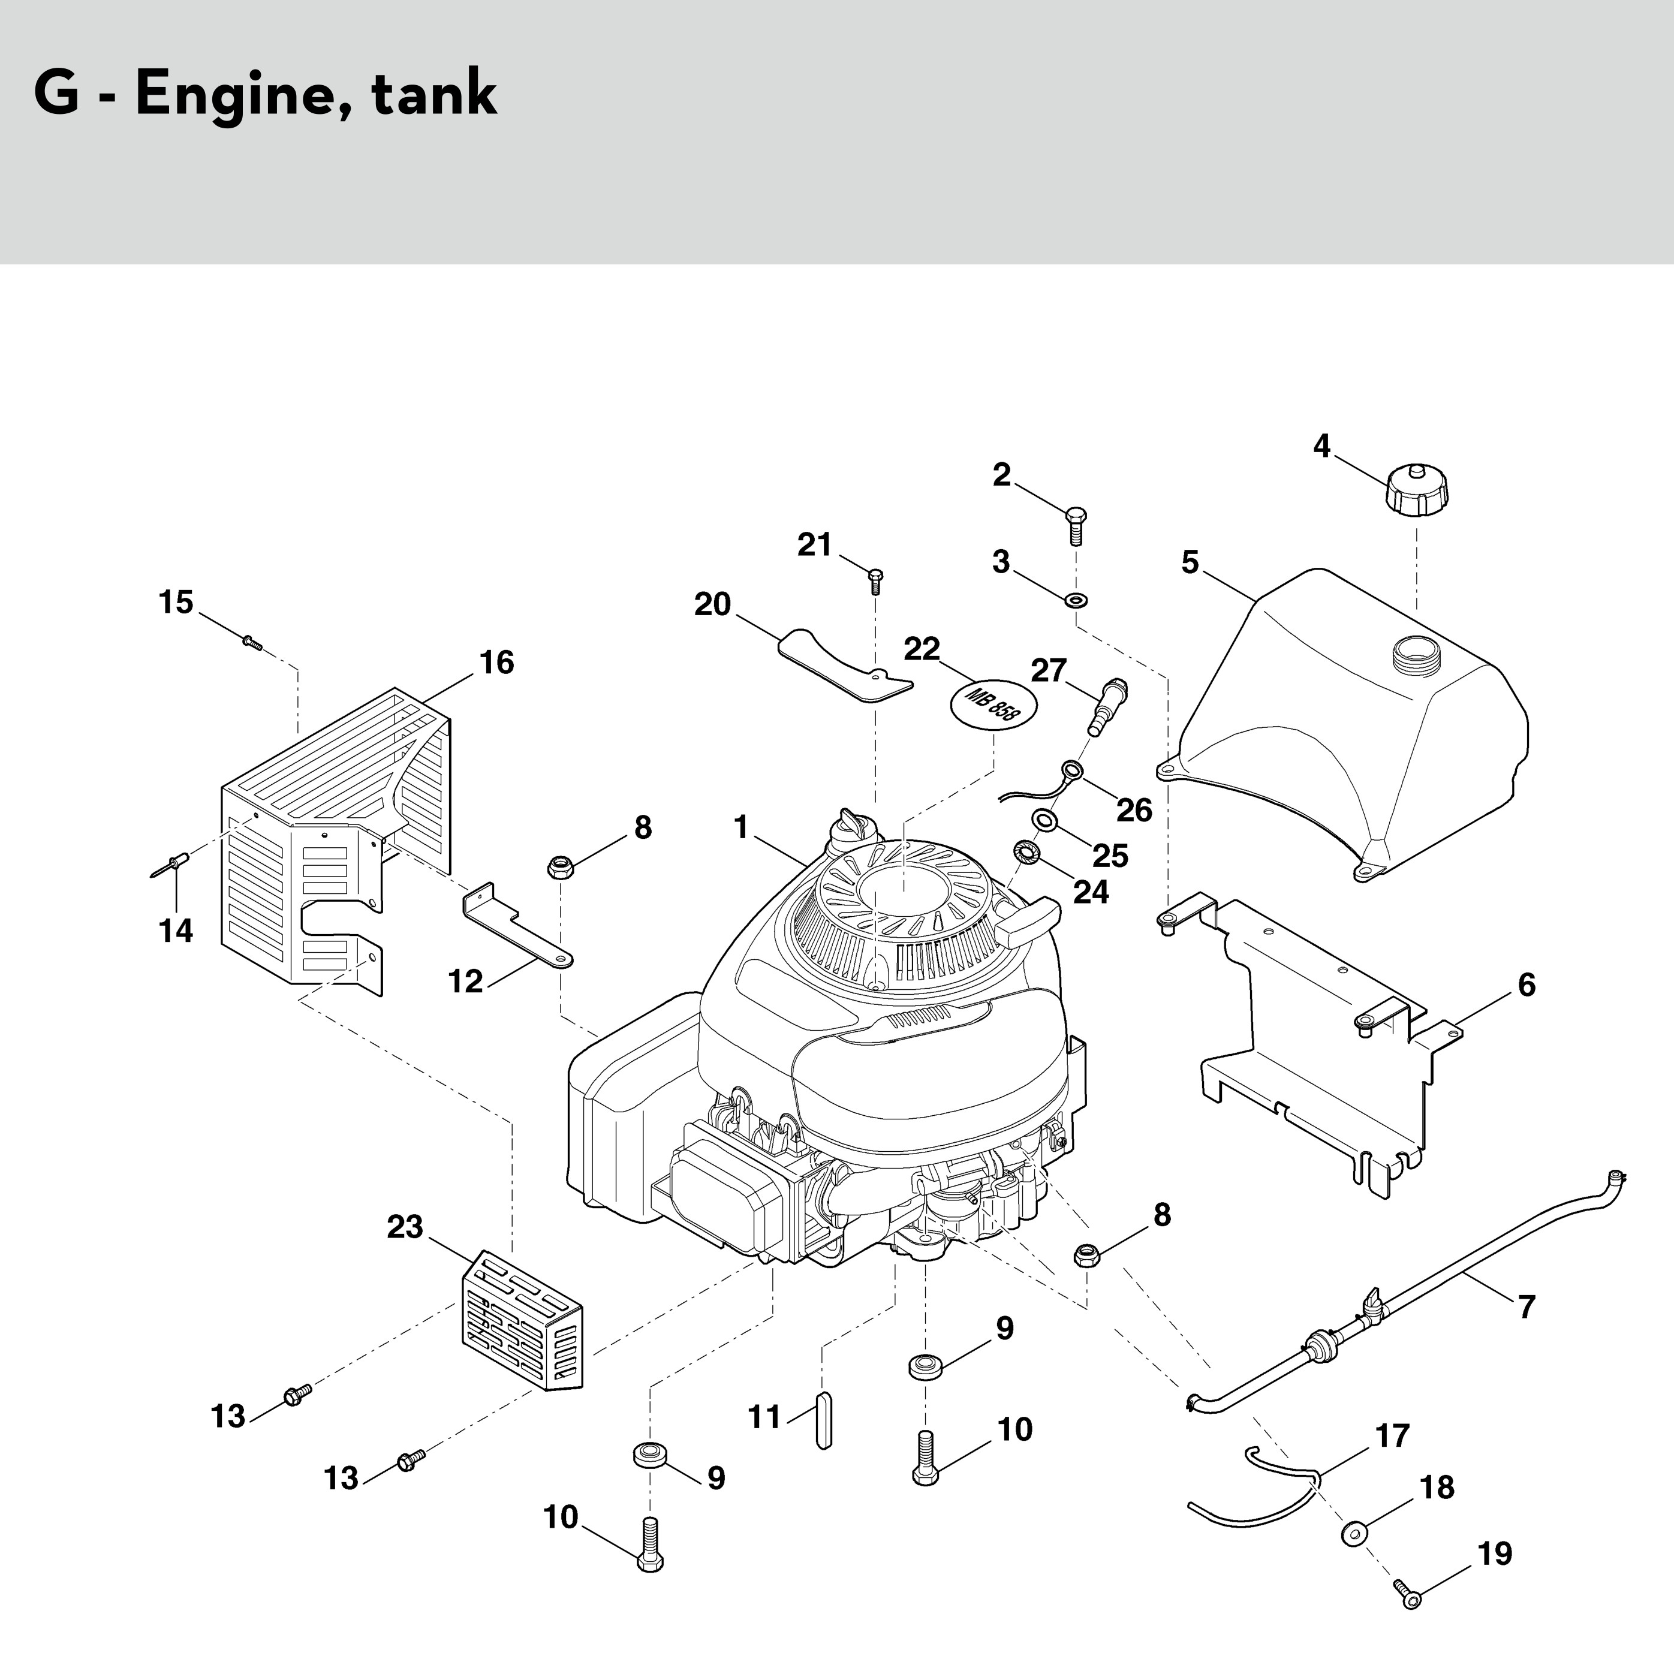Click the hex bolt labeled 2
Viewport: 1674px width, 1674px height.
click(1075, 524)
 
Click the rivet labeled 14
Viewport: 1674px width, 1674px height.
click(176, 864)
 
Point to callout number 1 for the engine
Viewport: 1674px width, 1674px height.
click(741, 827)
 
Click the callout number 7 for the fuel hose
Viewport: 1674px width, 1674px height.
click(1526, 1306)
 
